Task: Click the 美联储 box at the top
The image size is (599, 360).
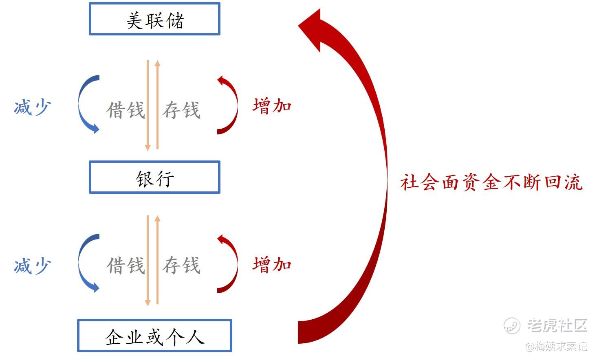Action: click(x=154, y=19)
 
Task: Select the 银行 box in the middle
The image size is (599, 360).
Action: click(x=154, y=178)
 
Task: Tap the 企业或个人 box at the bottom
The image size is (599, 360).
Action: click(x=154, y=336)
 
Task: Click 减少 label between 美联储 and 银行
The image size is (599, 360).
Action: click(x=32, y=108)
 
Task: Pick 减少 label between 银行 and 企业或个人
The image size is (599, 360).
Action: click(x=32, y=266)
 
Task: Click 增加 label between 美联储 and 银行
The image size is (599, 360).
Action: click(x=272, y=106)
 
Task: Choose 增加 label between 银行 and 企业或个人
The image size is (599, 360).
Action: click(x=272, y=265)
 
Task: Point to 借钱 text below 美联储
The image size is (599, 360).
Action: click(x=126, y=110)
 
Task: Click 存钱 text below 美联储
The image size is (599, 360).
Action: click(x=181, y=110)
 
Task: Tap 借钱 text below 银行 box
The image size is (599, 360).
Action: click(x=126, y=266)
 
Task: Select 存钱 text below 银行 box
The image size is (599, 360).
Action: click(x=181, y=266)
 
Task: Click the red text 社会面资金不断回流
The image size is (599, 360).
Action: click(x=491, y=182)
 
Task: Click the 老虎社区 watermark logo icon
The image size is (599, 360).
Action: click(x=511, y=325)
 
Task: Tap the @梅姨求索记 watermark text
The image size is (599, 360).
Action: click(x=556, y=347)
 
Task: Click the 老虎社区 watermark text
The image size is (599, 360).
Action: click(x=557, y=325)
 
